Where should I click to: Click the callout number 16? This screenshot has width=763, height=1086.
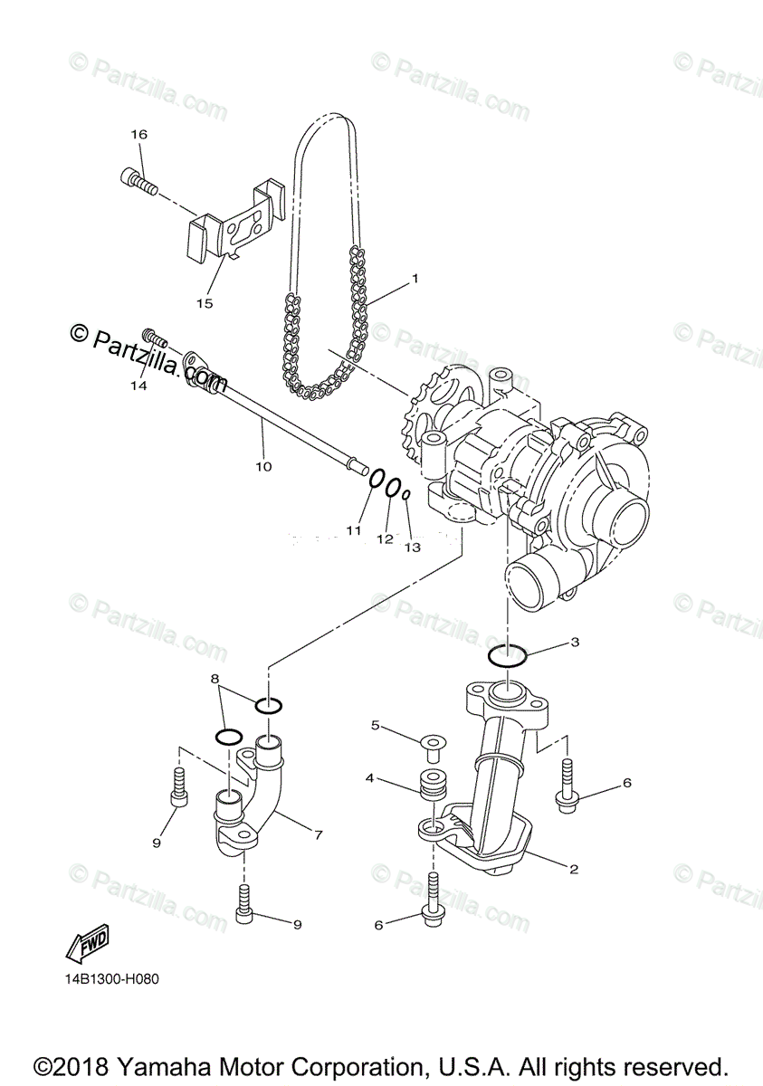coord(138,134)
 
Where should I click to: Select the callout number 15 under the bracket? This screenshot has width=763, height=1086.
coord(205,303)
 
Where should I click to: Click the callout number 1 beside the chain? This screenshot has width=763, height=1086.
coord(415,279)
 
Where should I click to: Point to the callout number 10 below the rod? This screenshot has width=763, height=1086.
coord(262,466)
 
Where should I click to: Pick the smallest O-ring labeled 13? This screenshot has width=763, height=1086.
coord(407,494)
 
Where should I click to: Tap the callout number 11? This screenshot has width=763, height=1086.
coord(353,529)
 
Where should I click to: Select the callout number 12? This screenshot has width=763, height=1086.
coord(385,538)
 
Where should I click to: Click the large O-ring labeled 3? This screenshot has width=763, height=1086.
coord(508,654)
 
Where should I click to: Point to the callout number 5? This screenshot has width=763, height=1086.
coord(375,726)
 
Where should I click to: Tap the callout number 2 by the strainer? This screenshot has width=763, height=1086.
coord(573,869)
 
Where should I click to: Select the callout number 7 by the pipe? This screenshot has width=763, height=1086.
coord(318,835)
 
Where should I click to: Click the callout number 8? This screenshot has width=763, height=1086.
coord(215,678)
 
